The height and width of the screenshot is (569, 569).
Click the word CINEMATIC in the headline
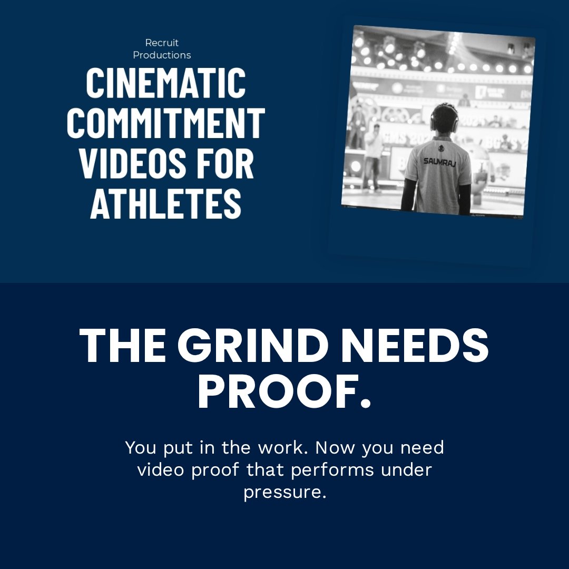click(166, 83)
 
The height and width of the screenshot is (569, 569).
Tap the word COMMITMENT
click(166, 123)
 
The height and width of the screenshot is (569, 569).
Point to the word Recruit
click(162, 43)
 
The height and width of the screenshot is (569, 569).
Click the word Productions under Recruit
click(162, 55)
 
